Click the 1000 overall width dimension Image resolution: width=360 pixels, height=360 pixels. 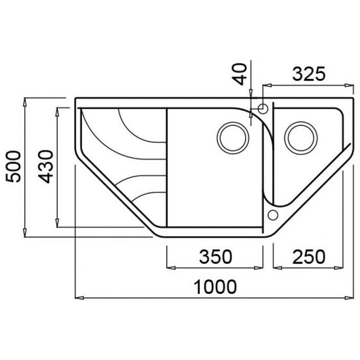(x=215, y=286)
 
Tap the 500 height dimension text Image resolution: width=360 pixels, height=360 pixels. (x=13, y=166)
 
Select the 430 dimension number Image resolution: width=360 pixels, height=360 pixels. (x=46, y=167)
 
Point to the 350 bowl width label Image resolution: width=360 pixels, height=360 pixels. (x=215, y=257)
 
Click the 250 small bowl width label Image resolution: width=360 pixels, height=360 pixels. (x=309, y=257)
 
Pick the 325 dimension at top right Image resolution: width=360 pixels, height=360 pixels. (x=309, y=74)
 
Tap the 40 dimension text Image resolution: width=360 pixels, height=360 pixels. (x=239, y=75)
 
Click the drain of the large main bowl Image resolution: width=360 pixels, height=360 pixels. (x=233, y=138)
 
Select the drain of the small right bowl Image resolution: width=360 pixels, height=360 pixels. (x=301, y=138)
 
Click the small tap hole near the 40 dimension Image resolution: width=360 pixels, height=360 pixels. (x=263, y=109)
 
